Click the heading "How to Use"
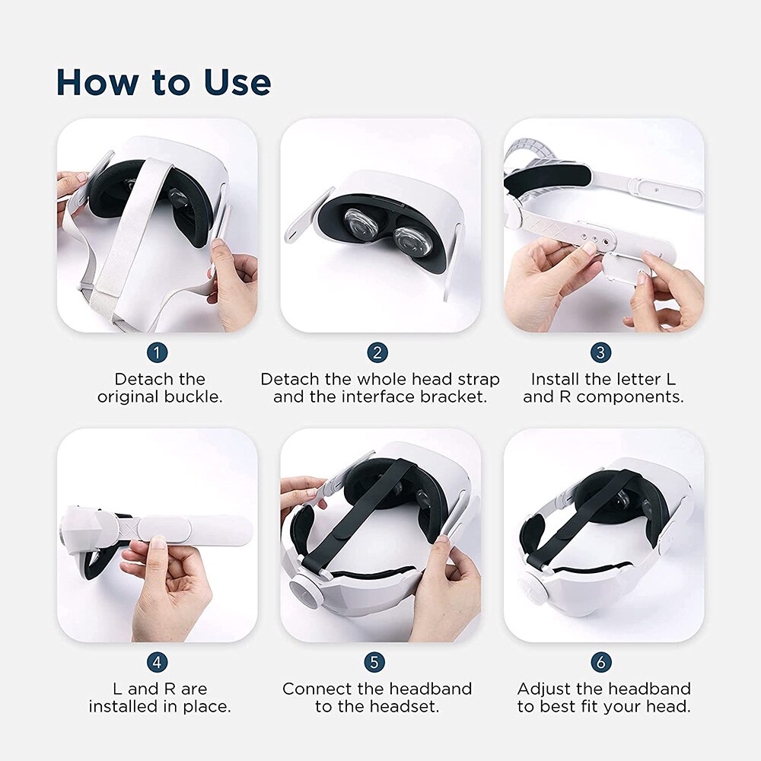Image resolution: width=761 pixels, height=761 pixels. coord(164,82)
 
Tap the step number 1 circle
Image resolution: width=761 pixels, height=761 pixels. coord(157,352)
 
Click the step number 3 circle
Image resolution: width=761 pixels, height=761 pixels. coord(600,352)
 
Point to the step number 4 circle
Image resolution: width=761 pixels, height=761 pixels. coord(157,662)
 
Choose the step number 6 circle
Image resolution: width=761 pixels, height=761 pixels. coord(600,662)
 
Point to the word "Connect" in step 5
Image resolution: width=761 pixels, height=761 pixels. coord(314,689)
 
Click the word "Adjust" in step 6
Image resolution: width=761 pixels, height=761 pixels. coord(545,689)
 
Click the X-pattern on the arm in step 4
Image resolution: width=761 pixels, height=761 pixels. coord(128,526)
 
